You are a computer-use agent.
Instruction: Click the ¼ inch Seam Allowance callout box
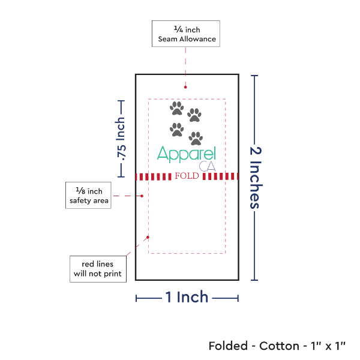coord(186,34)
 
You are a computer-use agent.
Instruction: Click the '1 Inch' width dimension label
coord(187,296)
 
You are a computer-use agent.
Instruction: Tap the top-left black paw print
coord(176,108)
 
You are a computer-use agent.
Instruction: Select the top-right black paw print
coord(194,114)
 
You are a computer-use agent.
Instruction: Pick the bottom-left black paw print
coord(177,129)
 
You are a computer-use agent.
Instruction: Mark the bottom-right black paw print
coord(196,139)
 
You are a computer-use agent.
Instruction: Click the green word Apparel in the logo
coord(185,154)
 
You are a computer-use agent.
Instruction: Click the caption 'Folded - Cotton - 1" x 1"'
coord(277,346)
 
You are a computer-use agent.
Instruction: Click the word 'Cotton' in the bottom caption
coord(279,346)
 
